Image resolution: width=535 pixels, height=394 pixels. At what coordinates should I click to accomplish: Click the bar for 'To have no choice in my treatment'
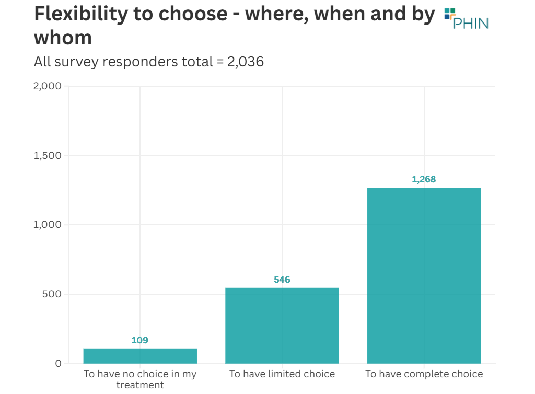pyautogui.click(x=140, y=356)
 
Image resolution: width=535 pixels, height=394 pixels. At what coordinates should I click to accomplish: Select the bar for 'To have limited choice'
pyautogui.click(x=282, y=326)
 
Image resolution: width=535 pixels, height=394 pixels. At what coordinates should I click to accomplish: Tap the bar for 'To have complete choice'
pyautogui.click(x=424, y=275)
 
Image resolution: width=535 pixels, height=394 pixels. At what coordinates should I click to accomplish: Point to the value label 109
pyautogui.click(x=140, y=340)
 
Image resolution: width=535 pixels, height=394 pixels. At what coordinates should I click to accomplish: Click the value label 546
pyautogui.click(x=282, y=280)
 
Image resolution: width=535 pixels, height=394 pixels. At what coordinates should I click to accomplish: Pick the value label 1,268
pyautogui.click(x=424, y=179)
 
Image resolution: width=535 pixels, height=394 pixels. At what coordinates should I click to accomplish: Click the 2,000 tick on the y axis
pyautogui.click(x=47, y=86)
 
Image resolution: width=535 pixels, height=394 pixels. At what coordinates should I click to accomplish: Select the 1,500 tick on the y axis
pyautogui.click(x=48, y=156)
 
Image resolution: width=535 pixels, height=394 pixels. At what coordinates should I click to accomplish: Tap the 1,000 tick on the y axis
pyautogui.click(x=48, y=225)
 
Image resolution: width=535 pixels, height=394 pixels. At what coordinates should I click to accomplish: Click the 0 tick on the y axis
pyautogui.click(x=58, y=364)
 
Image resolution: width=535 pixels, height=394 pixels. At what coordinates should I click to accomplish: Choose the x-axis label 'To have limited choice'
pyautogui.click(x=282, y=374)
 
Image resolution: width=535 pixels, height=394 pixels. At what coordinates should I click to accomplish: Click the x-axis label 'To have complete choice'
pyautogui.click(x=424, y=374)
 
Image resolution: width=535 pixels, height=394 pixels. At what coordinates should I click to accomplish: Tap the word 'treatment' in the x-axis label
pyautogui.click(x=140, y=385)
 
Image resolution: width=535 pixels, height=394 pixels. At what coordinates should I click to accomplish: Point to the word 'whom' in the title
pyautogui.click(x=63, y=38)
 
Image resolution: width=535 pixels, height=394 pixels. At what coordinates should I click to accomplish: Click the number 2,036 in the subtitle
pyautogui.click(x=245, y=62)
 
